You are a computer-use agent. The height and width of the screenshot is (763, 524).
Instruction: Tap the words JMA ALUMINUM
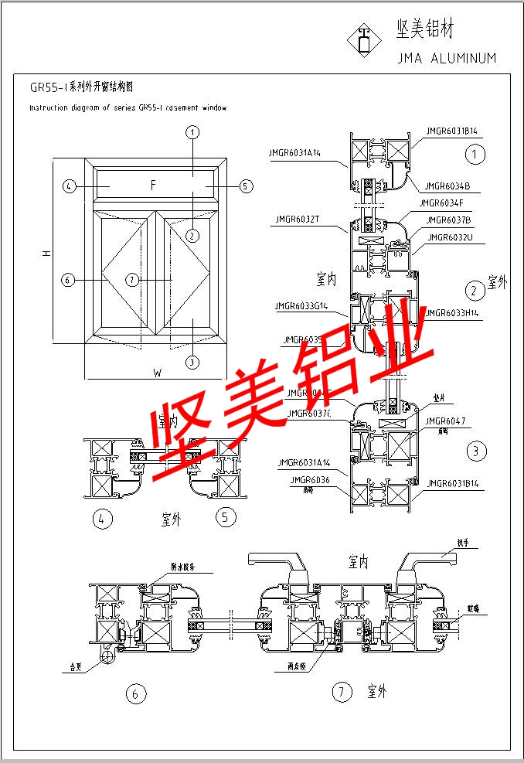(x=446, y=58)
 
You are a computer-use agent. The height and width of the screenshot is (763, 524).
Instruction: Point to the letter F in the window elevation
(x=153, y=185)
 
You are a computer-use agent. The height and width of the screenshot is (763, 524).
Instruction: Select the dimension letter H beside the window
(x=47, y=254)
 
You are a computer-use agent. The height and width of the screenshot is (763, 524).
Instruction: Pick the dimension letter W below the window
(x=157, y=373)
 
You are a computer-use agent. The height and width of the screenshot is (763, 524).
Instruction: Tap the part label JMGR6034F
(x=441, y=203)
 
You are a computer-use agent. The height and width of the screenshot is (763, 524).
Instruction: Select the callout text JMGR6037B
(x=450, y=220)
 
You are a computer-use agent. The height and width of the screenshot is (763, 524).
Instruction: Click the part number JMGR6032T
(x=297, y=220)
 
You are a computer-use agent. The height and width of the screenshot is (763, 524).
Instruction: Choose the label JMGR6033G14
(x=301, y=306)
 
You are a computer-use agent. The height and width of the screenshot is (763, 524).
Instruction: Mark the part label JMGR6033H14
(x=452, y=312)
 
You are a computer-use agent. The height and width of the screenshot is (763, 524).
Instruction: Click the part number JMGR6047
(x=446, y=421)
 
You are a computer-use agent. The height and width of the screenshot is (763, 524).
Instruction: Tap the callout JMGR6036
(x=310, y=480)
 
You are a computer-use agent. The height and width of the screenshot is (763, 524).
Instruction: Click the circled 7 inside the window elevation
(x=133, y=279)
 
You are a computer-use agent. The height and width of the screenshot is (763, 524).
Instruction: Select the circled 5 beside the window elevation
(x=246, y=186)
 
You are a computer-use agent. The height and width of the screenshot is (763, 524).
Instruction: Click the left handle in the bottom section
(x=279, y=564)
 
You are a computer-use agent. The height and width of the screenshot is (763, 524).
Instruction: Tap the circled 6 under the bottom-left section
(x=135, y=694)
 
